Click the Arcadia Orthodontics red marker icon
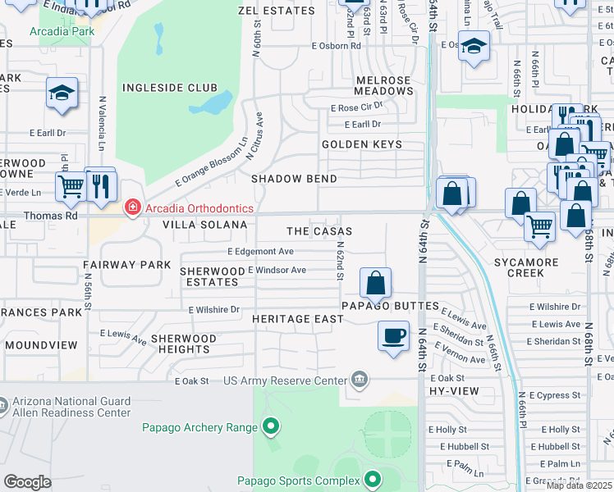tap(131, 208)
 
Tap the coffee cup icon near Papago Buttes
tap(393, 335)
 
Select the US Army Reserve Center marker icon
tap(360, 379)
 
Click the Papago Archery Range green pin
tap(271, 426)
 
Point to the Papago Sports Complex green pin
tap(373, 479)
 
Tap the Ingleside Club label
tap(170, 88)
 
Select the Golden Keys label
tap(362, 144)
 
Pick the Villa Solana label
tap(204, 225)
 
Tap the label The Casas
tap(319, 232)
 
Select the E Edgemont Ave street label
tap(260, 252)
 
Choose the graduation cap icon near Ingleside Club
tap(62, 93)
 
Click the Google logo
tap(27, 481)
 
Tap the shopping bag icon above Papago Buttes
tap(375, 284)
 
